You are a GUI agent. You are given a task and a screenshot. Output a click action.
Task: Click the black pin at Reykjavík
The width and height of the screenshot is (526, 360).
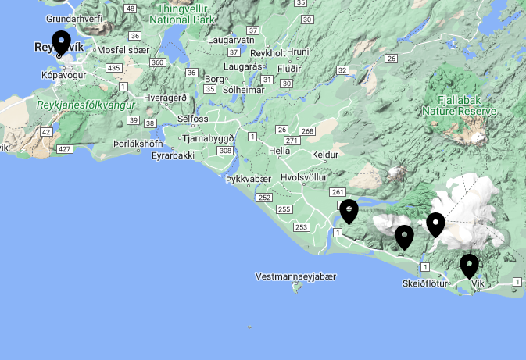tap(61, 42)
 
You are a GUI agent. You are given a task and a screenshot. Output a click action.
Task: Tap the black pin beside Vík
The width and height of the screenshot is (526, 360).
tap(469, 266)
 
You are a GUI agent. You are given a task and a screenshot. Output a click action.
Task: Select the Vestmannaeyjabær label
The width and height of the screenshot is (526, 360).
tap(295, 276)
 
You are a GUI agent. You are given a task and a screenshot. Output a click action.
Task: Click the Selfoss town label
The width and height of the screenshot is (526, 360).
tap(193, 119)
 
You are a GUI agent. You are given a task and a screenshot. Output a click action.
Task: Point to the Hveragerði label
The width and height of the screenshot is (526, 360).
tap(166, 97)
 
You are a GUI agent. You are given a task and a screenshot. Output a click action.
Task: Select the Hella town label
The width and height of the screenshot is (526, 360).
tap(279, 151)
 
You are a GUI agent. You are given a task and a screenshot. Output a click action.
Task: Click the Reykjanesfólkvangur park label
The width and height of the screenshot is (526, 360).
tap(85, 105)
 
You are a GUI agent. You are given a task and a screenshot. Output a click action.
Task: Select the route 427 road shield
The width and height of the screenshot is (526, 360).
tap(65, 149)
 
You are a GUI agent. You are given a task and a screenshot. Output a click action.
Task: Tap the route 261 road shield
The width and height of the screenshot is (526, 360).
tap(338, 192)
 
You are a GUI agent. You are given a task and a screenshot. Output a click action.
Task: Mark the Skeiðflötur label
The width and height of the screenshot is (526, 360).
tap(425, 283)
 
